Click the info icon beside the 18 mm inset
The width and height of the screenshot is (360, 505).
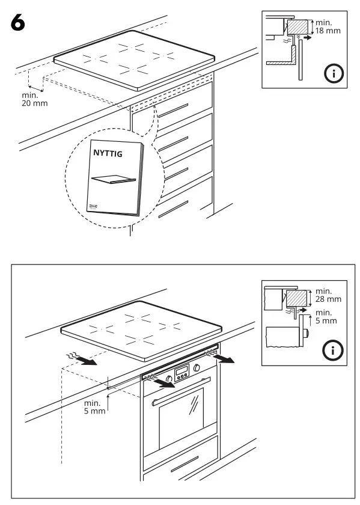point(332,74)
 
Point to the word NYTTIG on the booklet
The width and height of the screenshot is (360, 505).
point(108,154)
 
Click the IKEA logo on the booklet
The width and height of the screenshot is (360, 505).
point(96,206)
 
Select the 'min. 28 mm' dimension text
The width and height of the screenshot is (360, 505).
point(328,295)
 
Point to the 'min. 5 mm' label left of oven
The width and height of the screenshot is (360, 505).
point(94,407)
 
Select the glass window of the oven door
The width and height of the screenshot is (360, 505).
point(182,418)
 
